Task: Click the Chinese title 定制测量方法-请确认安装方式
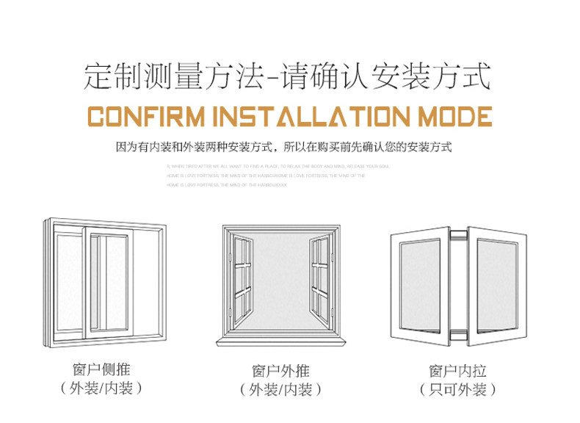(x=287, y=76)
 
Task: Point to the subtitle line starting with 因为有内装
(x=284, y=147)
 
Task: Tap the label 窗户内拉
(x=458, y=371)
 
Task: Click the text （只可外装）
(x=458, y=389)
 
